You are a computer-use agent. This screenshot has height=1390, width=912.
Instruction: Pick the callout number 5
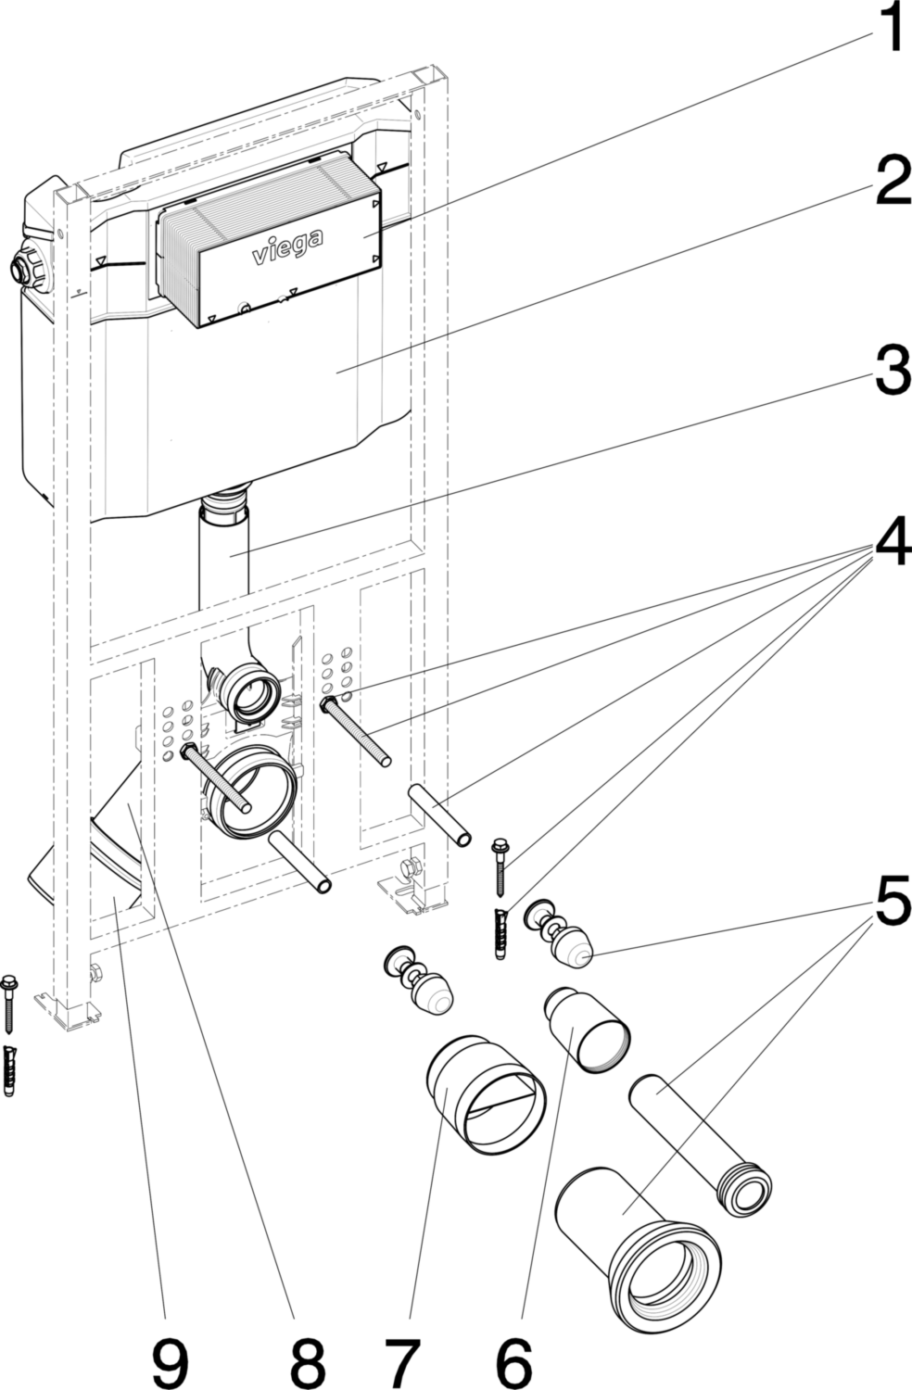(893, 903)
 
